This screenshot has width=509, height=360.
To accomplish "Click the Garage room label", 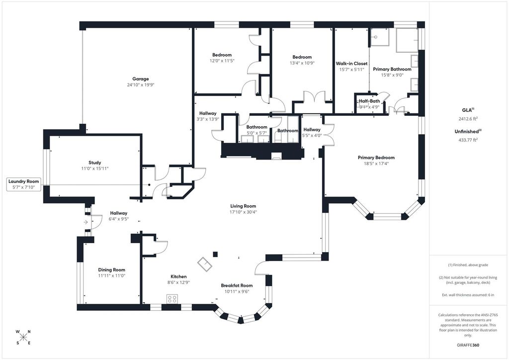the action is [x=141, y=79].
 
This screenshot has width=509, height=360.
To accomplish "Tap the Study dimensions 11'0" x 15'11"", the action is [x=95, y=169].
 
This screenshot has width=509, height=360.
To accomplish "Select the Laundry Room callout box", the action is [x=24, y=184].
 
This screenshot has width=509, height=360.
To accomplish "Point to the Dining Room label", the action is [x=112, y=270].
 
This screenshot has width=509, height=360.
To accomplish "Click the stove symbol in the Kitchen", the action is [x=172, y=299].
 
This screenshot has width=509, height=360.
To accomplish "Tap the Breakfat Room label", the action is [x=237, y=285].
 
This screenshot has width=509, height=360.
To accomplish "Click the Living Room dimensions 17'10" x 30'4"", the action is [x=243, y=212].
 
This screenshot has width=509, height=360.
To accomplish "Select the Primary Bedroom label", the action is [x=376, y=158].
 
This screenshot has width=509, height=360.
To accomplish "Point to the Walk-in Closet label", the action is [x=351, y=64].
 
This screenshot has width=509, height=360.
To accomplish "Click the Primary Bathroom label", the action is [x=392, y=69].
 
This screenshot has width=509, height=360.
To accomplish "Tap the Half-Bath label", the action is [x=369, y=101].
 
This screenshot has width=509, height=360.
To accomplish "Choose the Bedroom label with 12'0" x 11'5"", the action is [x=222, y=55].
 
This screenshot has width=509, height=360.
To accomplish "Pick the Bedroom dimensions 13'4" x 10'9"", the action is [x=302, y=63].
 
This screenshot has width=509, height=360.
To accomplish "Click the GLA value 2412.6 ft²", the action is [x=468, y=119].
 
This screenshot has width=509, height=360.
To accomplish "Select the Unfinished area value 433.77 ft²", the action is [x=468, y=140].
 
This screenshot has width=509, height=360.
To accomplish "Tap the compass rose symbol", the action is [x=23, y=337].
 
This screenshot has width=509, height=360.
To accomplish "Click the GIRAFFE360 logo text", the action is [x=468, y=345].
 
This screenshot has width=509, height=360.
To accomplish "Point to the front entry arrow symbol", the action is [x=85, y=222].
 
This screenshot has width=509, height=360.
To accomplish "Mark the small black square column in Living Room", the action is [x=215, y=254].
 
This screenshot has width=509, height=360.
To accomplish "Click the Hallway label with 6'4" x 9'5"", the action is [x=118, y=213].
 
